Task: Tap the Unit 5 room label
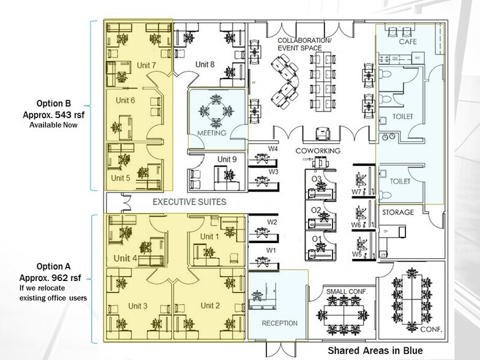121,179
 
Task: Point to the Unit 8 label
205,64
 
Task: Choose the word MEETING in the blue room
212,133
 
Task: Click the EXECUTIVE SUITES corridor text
190,201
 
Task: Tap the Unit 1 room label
209,237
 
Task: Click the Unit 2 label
210,306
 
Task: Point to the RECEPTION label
279,323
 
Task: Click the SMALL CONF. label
346,291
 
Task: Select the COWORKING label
318,151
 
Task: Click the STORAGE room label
399,212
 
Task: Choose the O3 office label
317,179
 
